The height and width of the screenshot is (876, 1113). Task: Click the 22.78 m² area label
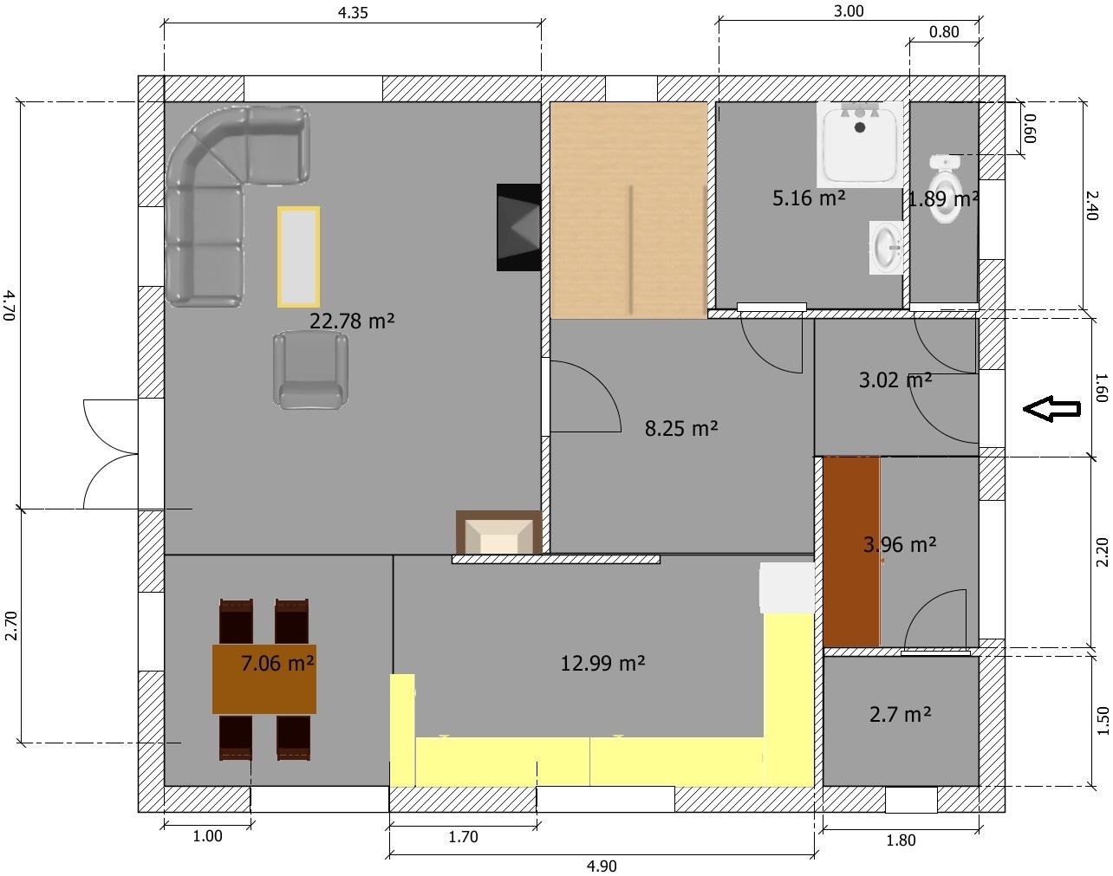(352, 321)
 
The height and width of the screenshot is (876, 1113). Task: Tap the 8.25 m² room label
(681, 428)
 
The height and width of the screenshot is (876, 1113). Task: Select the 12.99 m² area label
(602, 663)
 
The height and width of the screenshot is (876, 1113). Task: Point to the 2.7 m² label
(901, 715)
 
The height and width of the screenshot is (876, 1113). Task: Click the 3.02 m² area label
(895, 380)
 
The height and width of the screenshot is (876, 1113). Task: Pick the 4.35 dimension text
(353, 12)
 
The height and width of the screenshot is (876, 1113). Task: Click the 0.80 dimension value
(944, 32)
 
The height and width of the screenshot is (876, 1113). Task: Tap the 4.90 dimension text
(602, 866)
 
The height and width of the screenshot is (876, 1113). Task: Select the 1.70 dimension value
(463, 837)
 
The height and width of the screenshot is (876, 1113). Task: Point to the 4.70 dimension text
(10, 305)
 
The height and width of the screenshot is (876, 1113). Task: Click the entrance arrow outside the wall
(1051, 409)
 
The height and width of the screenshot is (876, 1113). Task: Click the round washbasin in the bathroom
(886, 248)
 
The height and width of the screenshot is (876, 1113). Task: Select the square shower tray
(860, 145)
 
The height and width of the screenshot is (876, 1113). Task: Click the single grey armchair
(310, 370)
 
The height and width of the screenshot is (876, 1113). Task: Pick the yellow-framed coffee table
(298, 257)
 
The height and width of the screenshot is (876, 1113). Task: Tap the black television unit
(518, 227)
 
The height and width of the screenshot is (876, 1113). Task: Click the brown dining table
(264, 679)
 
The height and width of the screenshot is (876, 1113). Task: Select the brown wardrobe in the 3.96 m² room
(851, 551)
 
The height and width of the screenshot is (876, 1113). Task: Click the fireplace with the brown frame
(498, 532)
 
